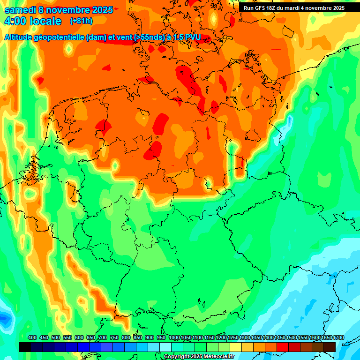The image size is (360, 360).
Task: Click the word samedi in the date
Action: pos(20,10)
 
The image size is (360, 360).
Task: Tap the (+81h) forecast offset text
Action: pos(81,21)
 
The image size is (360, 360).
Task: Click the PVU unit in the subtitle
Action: pos(191,38)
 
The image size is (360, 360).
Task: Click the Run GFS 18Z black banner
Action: pos(294,8)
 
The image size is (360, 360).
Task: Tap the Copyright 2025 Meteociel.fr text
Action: pos(199,357)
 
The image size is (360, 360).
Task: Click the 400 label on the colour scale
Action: pos(32,337)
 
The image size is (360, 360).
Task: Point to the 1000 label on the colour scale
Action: pos(174,337)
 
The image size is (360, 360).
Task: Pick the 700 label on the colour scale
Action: pos(103,337)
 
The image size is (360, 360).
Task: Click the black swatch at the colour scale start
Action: pos(25,347)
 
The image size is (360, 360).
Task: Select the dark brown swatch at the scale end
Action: pos(330,347)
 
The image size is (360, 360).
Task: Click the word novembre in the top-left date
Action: pos(67,10)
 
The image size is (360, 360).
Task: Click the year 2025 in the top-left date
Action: pos(102,10)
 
